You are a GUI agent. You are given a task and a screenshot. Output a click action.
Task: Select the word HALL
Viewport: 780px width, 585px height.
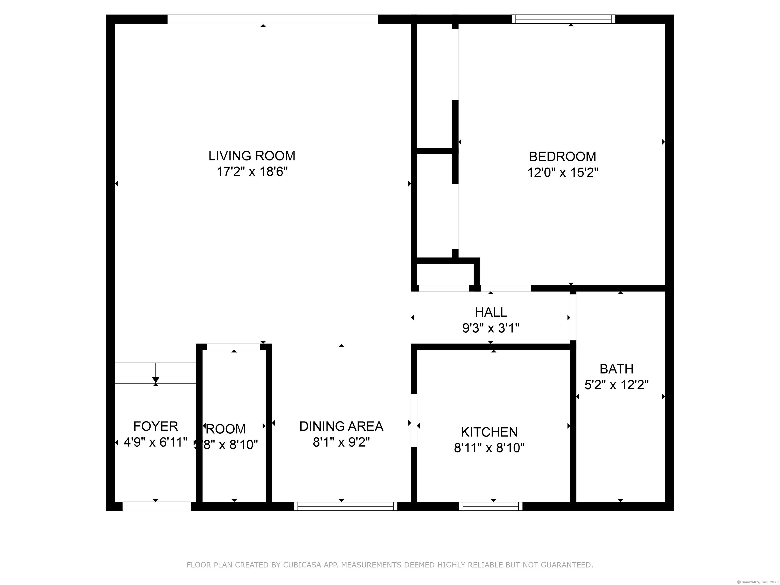click(x=491, y=312)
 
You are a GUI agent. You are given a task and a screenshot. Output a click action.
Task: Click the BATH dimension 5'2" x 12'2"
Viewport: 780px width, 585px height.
click(x=616, y=385)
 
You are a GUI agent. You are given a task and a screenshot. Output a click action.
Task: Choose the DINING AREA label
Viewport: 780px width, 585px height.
click(x=341, y=426)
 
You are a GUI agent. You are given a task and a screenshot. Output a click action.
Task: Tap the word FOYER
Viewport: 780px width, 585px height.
click(x=155, y=426)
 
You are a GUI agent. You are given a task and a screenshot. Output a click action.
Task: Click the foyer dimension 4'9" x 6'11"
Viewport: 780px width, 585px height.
click(x=155, y=442)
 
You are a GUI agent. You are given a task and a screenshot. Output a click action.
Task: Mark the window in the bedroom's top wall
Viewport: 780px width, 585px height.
click(x=563, y=19)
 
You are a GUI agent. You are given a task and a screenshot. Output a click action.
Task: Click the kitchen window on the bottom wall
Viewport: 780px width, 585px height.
click(x=491, y=506)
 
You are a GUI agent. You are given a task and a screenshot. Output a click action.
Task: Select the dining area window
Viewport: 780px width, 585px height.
click(x=345, y=506)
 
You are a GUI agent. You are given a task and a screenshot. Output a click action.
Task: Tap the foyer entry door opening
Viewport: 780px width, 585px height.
click(x=157, y=506)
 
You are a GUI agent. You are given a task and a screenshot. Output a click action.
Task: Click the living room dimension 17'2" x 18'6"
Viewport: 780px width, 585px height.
click(x=252, y=172)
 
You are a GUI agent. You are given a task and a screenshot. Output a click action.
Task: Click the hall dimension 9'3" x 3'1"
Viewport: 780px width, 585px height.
click(x=491, y=328)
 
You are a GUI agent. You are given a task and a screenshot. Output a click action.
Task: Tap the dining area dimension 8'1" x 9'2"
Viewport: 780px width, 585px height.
click(x=341, y=442)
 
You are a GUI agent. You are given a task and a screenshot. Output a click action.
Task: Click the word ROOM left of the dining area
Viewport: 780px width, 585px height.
click(x=226, y=429)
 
